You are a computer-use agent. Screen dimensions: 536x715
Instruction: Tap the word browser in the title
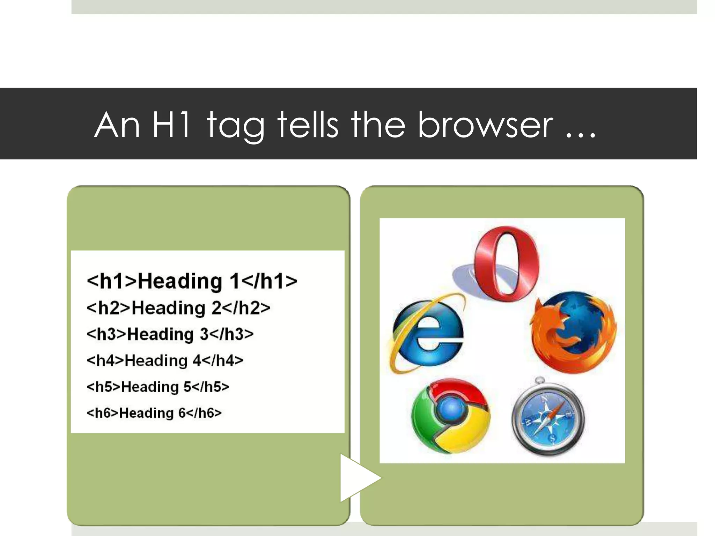pyautogui.click(x=485, y=125)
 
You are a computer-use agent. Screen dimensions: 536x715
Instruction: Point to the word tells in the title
pyautogui.click(x=308, y=125)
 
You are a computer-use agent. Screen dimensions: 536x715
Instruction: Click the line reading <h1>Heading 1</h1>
pyautogui.click(x=192, y=281)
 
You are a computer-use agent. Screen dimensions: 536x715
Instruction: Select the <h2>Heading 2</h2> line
pyautogui.click(x=178, y=308)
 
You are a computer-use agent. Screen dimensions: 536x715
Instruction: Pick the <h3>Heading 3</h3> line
pyautogui.click(x=170, y=334)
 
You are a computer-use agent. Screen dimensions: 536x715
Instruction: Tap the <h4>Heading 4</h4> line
pyautogui.click(x=165, y=360)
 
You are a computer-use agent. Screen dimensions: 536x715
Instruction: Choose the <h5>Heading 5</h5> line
pyautogui.click(x=158, y=387)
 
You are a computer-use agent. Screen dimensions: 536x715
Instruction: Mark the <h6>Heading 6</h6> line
pyautogui.click(x=154, y=413)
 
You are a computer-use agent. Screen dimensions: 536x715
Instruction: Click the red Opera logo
pyautogui.click(x=506, y=263)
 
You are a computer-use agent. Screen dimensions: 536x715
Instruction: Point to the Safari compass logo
pyautogui.click(x=547, y=417)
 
